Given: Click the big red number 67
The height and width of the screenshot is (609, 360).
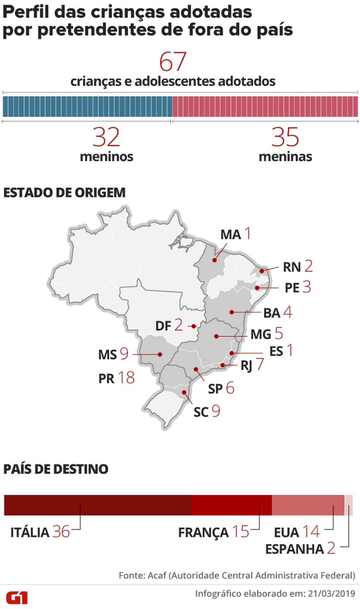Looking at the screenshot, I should pos(173,62).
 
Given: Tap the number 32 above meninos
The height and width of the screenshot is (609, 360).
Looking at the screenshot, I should pos(106,138).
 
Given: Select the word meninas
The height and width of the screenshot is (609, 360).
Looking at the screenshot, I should pos(285,157).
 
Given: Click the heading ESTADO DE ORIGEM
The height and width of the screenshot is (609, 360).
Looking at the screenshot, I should pos(64,192).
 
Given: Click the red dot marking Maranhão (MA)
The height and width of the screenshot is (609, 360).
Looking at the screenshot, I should pos(214,260).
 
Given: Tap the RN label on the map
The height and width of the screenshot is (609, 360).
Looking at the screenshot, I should pos(292,267).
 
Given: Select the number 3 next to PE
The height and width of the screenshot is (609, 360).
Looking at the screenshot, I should pos(307,287).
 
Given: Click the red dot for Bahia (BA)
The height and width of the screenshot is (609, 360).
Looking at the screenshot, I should pos(232,312).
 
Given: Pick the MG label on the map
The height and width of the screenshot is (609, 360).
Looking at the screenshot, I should pos(260,334).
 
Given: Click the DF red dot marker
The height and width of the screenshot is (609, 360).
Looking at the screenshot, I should pos(194,326).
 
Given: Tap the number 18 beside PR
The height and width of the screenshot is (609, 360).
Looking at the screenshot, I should pos(126,378).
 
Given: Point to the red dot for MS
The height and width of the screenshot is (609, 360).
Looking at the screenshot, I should pos(160,354).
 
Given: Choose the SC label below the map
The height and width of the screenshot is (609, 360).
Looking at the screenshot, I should pos(201,412).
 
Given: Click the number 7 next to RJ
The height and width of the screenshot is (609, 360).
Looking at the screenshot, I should pos(260,364).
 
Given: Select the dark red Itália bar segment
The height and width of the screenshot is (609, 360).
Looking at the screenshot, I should pos(98,505).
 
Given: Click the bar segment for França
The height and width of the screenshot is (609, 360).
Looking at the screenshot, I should pos(232,505).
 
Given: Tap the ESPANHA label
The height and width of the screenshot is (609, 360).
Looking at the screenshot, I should pos(295,549).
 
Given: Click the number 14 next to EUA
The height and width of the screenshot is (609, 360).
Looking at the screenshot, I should pos(311,532).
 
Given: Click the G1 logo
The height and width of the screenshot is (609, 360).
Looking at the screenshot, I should pos(17,598).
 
